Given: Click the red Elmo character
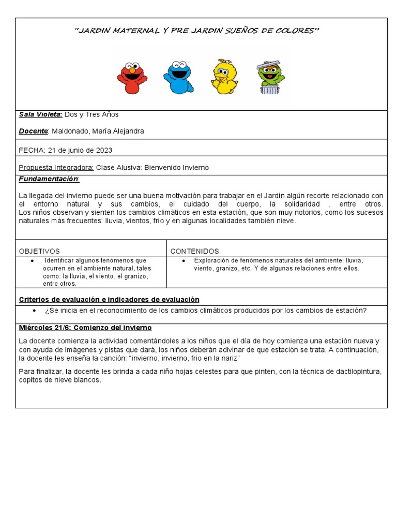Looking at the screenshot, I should point(132,78).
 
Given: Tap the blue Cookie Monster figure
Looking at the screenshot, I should point(178,77).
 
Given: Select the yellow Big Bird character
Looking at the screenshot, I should point(224,78).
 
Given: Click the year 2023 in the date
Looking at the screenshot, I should point(103,151).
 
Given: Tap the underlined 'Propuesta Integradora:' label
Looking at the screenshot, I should point(56,168).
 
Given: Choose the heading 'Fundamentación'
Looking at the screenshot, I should point(49,179).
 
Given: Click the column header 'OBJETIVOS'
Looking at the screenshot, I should point(39,251).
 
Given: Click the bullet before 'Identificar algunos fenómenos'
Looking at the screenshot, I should point(33,260).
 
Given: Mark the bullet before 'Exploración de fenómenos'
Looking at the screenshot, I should point(185,260).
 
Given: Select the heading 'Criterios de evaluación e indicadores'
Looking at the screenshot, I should point(109,300).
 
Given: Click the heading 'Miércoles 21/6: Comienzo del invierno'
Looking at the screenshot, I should point(85,328).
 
